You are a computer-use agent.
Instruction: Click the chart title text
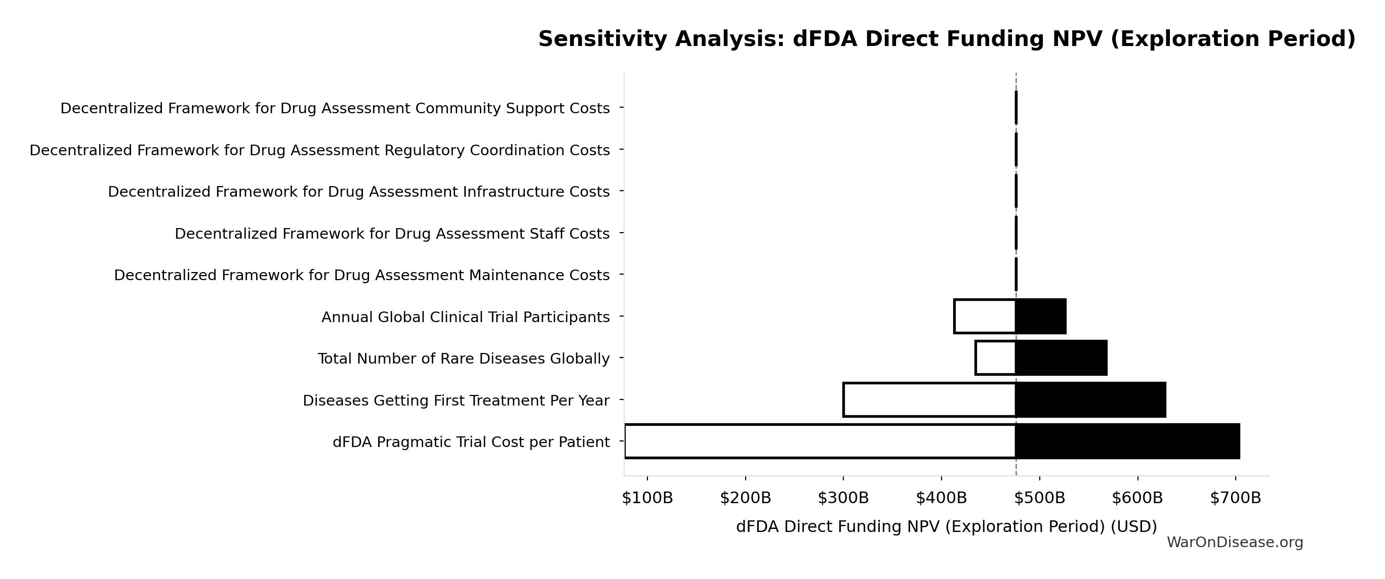(x=947, y=39)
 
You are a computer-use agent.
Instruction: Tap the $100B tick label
(x=647, y=499)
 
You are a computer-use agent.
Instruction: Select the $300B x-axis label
(x=843, y=499)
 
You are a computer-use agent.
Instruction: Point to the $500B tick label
(x=1039, y=499)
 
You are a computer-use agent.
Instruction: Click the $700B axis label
(x=1235, y=499)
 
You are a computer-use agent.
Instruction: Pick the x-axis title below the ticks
(x=946, y=527)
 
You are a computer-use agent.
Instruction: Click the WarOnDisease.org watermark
(x=1235, y=543)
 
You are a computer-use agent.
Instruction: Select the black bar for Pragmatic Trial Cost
(x=1127, y=441)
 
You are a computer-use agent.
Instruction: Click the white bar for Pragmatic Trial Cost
(x=820, y=441)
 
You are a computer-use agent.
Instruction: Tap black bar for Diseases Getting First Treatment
(x=1090, y=399)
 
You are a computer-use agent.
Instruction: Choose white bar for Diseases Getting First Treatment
(x=929, y=399)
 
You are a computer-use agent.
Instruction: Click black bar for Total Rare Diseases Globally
(x=1061, y=358)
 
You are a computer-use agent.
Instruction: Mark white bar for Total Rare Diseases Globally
(x=995, y=358)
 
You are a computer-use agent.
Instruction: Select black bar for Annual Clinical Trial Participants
(x=1040, y=317)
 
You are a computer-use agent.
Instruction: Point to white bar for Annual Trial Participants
(x=985, y=317)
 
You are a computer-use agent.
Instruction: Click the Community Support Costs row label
(x=335, y=109)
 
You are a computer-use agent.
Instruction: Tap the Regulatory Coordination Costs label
(x=319, y=150)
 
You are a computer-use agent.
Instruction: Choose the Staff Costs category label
(x=392, y=234)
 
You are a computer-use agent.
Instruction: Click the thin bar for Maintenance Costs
(x=1015, y=275)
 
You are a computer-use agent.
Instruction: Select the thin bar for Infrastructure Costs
(x=1015, y=191)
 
